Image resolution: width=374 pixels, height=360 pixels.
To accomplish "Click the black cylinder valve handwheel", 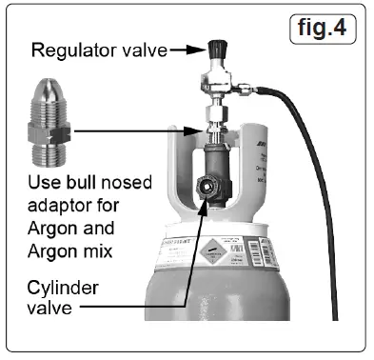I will pos(205,188).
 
